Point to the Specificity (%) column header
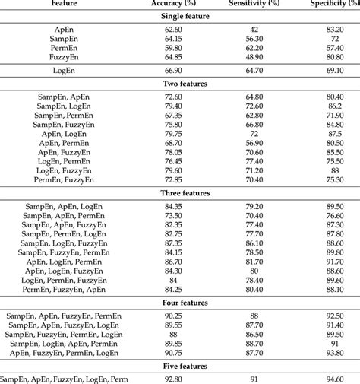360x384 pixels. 335,4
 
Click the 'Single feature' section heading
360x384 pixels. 180,16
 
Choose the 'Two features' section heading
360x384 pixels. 180,84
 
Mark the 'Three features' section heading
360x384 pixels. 180,192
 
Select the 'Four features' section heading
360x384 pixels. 180,302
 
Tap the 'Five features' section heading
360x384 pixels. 180,366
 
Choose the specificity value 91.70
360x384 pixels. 334,261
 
